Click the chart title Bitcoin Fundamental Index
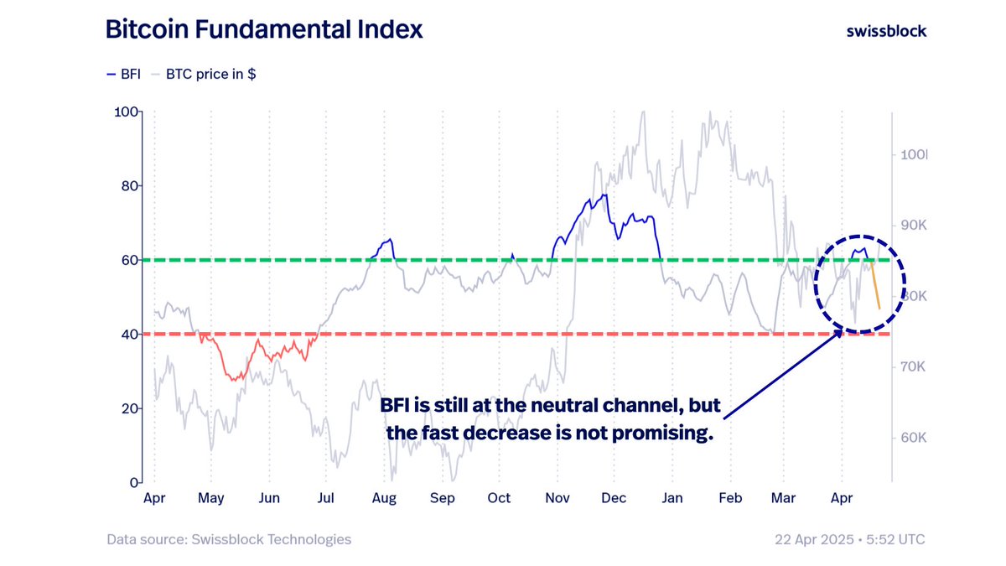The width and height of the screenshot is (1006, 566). coord(264,30)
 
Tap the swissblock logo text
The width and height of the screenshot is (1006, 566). coord(886,31)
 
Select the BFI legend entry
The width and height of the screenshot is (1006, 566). coord(124,74)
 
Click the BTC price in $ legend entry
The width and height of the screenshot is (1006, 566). coord(203,74)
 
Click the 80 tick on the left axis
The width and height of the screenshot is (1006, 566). coord(129,186)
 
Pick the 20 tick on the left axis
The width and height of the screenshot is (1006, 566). coord(129,408)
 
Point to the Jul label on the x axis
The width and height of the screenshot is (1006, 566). coord(326,498)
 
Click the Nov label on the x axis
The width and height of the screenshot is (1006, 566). coord(557,498)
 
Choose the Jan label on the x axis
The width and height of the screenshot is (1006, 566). coord(672,498)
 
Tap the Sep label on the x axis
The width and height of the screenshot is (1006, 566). coord(442,498)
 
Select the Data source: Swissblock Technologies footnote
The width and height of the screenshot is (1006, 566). coord(229,539)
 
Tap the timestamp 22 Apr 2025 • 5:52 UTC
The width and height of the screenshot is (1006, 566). coord(850,539)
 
